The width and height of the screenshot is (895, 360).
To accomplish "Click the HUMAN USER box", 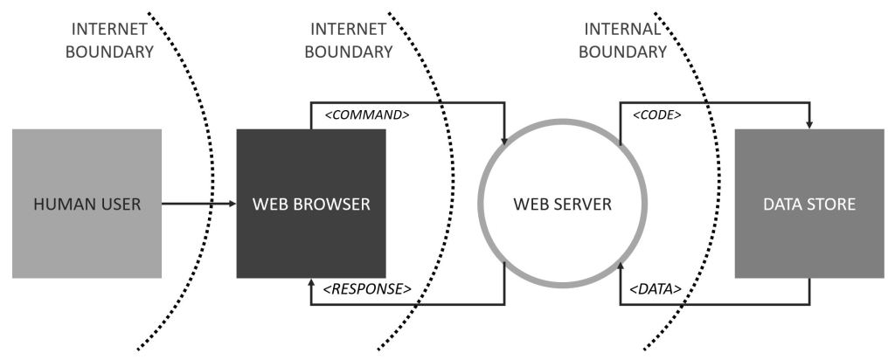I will click(87, 204).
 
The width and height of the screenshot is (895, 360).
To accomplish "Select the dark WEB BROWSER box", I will click(311, 204).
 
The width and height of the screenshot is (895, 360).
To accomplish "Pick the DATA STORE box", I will click(809, 204).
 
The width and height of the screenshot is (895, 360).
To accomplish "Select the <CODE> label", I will click(650, 115).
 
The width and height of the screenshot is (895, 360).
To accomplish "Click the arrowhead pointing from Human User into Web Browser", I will click(232, 204).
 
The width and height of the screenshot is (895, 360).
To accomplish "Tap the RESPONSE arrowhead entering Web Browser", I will click(311, 284).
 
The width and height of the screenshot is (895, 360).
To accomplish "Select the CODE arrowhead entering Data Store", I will click(809, 124).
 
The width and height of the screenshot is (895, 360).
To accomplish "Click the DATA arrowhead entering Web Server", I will click(620, 267).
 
